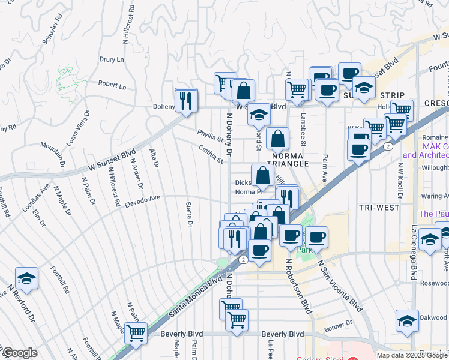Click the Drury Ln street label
[112, 60]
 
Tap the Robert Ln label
[112, 86]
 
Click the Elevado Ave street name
[142, 202]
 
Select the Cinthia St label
[211, 154]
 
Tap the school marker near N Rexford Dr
[26, 278]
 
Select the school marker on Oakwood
[407, 320]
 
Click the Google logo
[19, 353]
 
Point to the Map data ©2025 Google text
[411, 355]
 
